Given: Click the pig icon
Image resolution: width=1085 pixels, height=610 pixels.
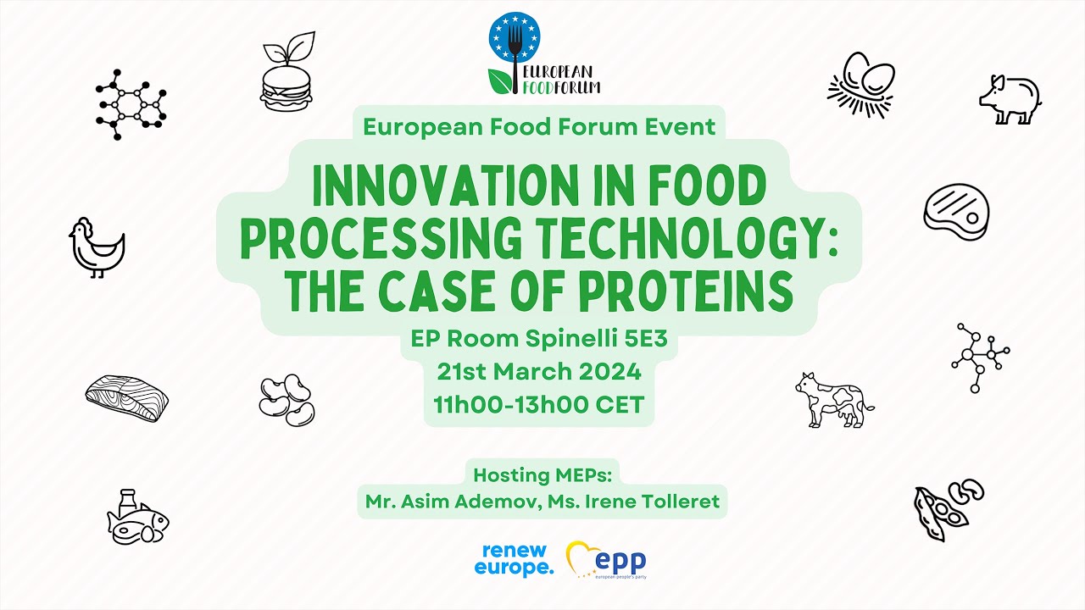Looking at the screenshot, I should pyautogui.click(x=1010, y=100).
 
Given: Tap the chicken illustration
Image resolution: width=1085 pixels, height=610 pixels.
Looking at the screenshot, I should pyautogui.click(x=97, y=247).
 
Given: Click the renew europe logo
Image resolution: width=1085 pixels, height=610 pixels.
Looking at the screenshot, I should pyautogui.click(x=514, y=559).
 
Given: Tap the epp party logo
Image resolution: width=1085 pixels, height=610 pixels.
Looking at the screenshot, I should pyautogui.click(x=607, y=560).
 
